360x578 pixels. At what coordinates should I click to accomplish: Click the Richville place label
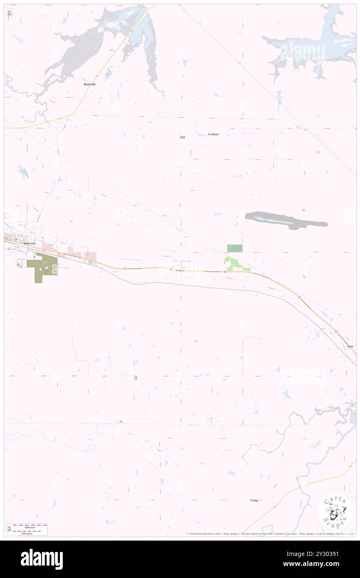tap(89, 84)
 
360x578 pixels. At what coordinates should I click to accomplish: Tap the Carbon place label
tap(213, 134)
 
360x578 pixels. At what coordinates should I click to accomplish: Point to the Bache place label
tap(180, 271)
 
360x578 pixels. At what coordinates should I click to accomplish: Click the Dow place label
tap(350, 346)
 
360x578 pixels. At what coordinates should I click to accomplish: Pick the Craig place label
tap(254, 500)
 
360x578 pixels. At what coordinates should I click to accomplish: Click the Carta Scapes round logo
tap(335, 512)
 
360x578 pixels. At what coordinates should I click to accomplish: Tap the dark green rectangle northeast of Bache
tap(235, 248)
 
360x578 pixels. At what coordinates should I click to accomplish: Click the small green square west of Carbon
tap(182, 137)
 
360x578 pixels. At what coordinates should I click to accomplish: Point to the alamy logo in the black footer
tap(42, 559)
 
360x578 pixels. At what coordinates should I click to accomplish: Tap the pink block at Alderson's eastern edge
tap(91, 257)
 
